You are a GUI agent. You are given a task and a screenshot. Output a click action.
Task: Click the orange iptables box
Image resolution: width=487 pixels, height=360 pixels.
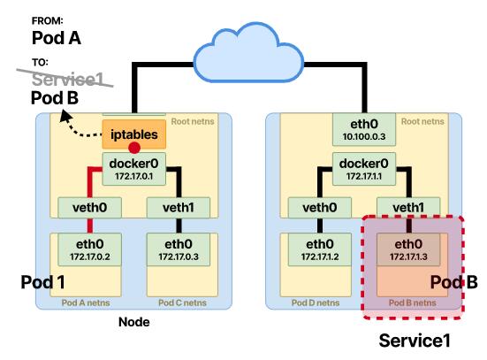(x=134, y=134)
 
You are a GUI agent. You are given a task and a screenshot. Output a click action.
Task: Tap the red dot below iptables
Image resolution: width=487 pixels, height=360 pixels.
(x=134, y=148)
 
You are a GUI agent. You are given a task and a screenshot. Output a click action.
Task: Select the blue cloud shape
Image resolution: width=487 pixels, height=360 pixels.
(x=248, y=53)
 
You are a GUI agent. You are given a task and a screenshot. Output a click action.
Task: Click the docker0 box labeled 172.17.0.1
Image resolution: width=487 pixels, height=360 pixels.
(x=134, y=169)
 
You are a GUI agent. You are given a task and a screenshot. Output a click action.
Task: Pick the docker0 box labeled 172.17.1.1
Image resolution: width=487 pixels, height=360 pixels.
(x=364, y=169)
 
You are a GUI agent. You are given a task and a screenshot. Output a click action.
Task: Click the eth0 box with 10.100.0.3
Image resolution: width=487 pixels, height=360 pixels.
(x=364, y=129)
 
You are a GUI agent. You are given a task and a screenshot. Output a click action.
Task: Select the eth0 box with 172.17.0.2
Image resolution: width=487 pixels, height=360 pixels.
(x=90, y=249)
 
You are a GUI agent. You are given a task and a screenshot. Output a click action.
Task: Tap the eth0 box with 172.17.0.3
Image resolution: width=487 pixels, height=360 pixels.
(x=179, y=249)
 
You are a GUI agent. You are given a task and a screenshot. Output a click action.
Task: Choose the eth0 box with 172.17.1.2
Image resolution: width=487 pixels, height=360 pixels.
(x=320, y=249)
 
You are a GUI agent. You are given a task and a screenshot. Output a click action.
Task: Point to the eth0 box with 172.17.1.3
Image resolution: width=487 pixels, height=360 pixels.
(x=408, y=249)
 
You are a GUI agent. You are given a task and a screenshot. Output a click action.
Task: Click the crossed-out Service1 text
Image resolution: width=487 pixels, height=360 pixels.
(x=67, y=79)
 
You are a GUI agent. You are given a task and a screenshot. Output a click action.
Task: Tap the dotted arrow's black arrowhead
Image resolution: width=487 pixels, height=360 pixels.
(x=65, y=117)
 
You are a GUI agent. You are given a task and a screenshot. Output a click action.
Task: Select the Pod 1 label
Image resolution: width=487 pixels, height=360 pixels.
(x=42, y=282)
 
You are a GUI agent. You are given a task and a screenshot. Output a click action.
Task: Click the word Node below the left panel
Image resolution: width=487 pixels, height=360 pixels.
(x=134, y=322)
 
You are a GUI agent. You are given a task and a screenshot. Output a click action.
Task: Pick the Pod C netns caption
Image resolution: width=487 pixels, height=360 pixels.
(x=182, y=303)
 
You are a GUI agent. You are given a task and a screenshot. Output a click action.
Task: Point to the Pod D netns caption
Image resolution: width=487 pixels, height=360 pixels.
(x=316, y=303)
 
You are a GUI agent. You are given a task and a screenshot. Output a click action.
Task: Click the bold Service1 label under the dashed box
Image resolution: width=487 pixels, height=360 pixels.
(x=415, y=341)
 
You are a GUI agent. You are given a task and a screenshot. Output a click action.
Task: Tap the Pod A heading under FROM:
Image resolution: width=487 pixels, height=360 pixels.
(x=57, y=38)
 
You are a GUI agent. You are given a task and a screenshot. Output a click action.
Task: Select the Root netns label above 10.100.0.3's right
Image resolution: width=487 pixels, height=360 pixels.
(x=422, y=121)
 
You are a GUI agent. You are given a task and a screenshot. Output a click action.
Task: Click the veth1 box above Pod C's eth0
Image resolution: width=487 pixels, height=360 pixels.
(x=179, y=207)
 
